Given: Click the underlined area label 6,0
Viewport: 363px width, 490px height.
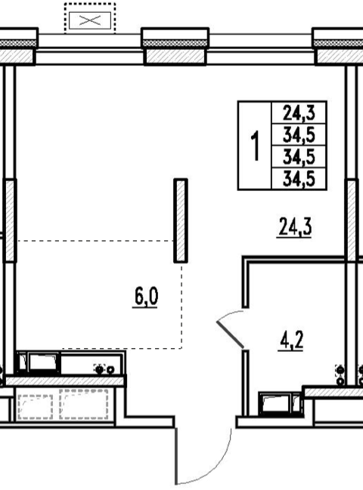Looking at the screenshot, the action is pos(146,297).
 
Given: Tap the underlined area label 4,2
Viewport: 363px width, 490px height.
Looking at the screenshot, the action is pos(291,341).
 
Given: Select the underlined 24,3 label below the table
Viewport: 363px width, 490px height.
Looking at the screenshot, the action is pos(294,228).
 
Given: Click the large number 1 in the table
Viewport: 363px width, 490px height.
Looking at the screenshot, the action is pos(256,146).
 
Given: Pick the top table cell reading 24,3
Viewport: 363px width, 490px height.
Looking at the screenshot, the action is pos(299,112).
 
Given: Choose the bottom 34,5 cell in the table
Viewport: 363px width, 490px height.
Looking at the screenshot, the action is pos(299,179).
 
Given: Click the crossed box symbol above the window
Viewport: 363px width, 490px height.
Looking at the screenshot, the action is pos(90,20).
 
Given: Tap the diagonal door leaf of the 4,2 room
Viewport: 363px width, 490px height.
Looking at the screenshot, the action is pos(230,334).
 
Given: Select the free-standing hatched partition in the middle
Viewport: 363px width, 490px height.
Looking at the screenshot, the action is pos(181,220).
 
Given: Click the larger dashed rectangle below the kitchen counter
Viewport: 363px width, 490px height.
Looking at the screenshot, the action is pos(84,404).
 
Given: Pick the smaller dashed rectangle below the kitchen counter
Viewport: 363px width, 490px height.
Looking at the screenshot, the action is pos(36,407).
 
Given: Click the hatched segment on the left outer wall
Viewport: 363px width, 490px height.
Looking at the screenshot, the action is pos(10,220).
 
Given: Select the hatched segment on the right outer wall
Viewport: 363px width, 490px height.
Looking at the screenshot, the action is pos(352,220).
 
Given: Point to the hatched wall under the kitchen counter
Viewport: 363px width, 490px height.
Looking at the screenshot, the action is pos(65,381).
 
